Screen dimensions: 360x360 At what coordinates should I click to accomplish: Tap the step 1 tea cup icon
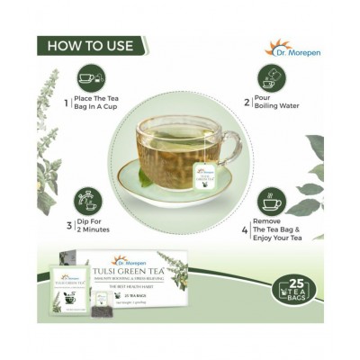point(92,78)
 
